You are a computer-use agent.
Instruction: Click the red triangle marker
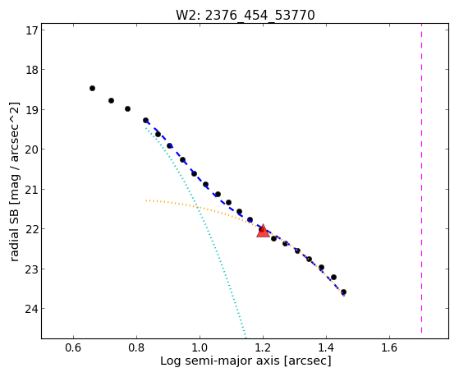point(263,231)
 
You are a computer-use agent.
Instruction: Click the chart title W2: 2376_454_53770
point(245,15)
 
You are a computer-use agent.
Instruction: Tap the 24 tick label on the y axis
point(31,309)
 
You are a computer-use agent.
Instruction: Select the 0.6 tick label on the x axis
point(73,347)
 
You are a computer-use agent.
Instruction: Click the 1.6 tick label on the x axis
point(389,347)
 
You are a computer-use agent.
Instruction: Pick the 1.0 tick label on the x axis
point(200,347)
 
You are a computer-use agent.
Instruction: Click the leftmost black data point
point(92,88)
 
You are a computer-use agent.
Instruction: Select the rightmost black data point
point(344,292)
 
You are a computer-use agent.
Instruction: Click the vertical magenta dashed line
point(421,178)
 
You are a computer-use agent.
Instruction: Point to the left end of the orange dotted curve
point(146,200)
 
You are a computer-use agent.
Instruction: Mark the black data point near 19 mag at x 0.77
point(127,108)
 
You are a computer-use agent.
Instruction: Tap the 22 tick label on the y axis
point(31,229)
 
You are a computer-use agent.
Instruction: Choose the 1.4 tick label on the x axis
point(326,347)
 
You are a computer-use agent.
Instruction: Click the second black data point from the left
point(111,100)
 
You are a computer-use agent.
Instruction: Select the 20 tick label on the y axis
point(31,149)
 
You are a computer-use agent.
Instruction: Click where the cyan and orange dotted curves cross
point(198,208)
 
